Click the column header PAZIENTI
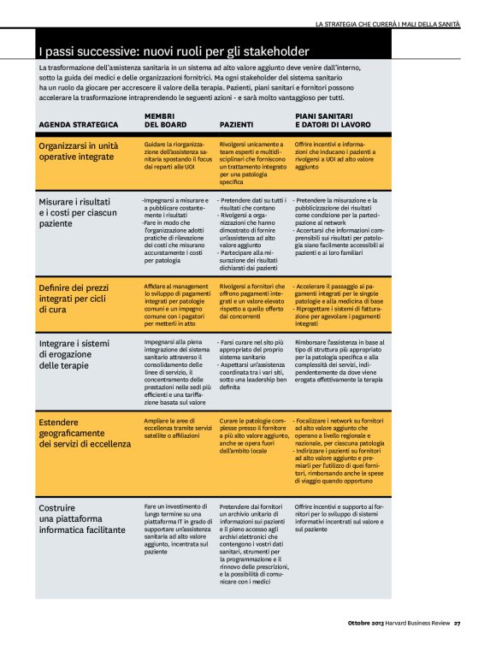pyautogui.click(x=236, y=125)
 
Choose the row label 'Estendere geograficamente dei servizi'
pyautogui.click(x=85, y=433)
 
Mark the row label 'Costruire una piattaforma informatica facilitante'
pyautogui.click(x=82, y=518)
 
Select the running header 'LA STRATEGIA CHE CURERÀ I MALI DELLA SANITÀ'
pyautogui.click(x=387, y=23)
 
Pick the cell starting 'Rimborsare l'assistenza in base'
pyautogui.click(x=339, y=358)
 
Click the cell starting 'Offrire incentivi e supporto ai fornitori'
pyautogui.click(x=339, y=518)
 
